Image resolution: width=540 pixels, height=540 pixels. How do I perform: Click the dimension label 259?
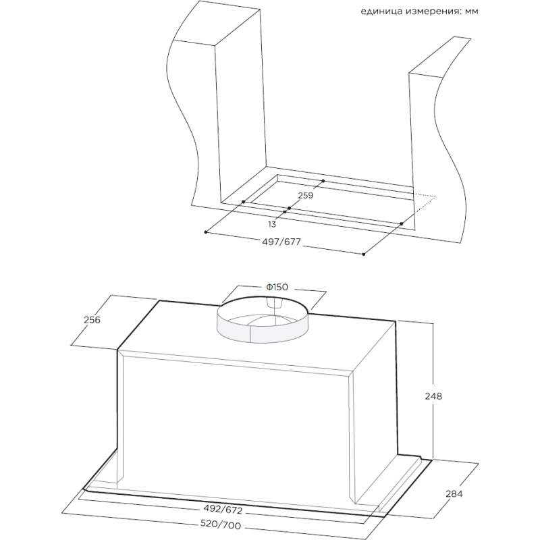pyautogui.click(x=306, y=195)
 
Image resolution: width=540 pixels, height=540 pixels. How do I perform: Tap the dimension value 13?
pyautogui.click(x=272, y=225)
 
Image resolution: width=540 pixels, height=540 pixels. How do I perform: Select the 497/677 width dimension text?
pyautogui.click(x=281, y=242)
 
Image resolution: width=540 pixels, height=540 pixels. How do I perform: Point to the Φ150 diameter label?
pyautogui.click(x=277, y=287)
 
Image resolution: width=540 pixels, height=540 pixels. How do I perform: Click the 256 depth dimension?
pyautogui.click(x=92, y=320)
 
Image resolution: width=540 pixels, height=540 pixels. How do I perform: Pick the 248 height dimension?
pyautogui.click(x=433, y=396)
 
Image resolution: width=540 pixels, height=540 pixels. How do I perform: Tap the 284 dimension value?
pyautogui.click(x=454, y=494)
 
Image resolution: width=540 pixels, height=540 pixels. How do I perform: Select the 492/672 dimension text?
pyautogui.click(x=223, y=510)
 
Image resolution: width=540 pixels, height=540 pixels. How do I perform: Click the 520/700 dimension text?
pyautogui.click(x=221, y=525)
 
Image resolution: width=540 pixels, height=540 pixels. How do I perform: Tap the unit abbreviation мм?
pyautogui.click(x=471, y=11)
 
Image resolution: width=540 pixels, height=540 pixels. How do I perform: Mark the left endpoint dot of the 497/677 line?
pyautogui.click(x=206, y=232)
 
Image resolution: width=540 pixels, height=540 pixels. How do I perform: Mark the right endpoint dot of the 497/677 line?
pyautogui.click(x=364, y=254)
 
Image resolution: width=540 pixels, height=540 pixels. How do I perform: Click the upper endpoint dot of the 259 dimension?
pyautogui.click(x=323, y=180)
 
